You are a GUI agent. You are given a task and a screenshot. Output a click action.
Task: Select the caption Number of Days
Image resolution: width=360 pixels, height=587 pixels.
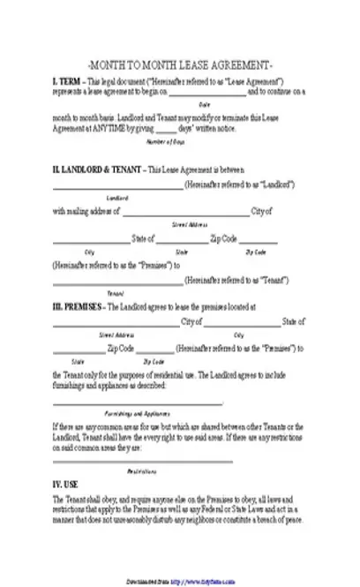(x=163, y=141)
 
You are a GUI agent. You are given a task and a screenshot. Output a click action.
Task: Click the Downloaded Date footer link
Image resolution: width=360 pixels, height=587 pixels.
(x=180, y=582)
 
